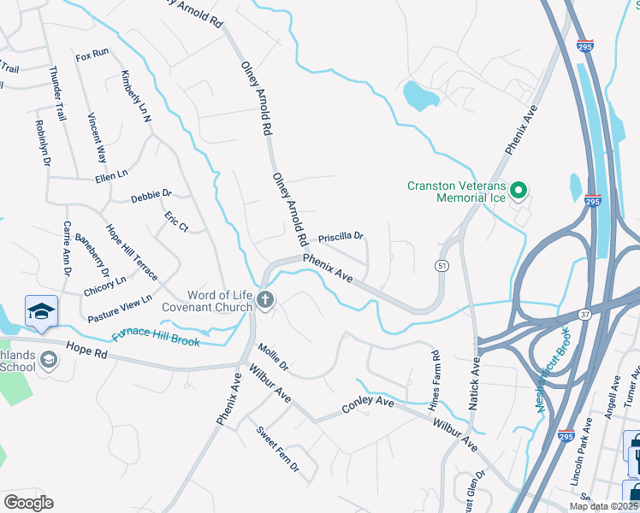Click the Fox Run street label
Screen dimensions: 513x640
92,54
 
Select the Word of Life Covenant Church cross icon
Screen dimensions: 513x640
265,301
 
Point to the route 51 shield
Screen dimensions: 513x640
441,266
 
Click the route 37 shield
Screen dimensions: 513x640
583,315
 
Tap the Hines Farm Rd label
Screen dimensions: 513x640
436,377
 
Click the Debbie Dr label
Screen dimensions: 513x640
151,197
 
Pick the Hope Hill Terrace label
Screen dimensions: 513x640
131,252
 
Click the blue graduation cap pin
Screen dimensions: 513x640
41,313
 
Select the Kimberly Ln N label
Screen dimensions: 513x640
136,96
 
